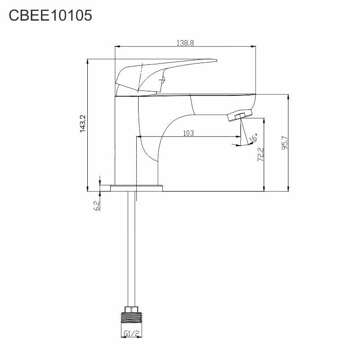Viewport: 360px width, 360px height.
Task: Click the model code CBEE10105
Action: pyautogui.click(x=50, y=16)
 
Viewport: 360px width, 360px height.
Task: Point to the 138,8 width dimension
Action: pyautogui.click(x=185, y=43)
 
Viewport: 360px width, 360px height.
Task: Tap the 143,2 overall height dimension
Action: pyautogui.click(x=83, y=124)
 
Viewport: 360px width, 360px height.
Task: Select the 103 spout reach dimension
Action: pyautogui.click(x=188, y=133)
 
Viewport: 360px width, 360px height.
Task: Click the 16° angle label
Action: pyautogui.click(x=253, y=138)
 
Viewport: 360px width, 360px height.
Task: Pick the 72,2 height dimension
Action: pyautogui.click(x=261, y=154)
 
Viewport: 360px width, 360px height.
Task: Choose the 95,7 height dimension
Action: pyautogui.click(x=285, y=143)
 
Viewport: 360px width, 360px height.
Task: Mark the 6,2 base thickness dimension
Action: pyautogui.click(x=97, y=206)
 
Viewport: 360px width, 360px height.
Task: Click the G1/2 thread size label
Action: pyautogui.click(x=131, y=333)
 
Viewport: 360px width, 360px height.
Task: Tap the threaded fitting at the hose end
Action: pyautogui.click(x=131, y=318)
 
